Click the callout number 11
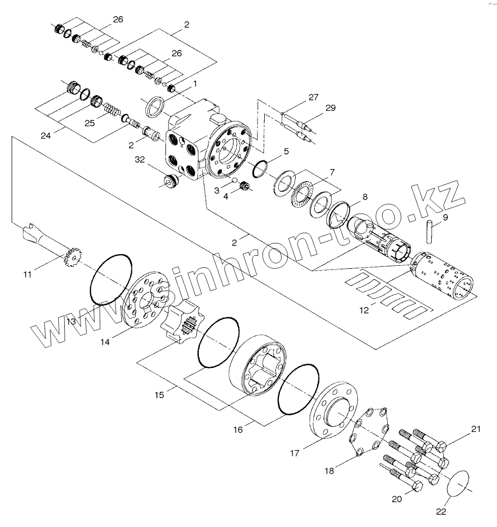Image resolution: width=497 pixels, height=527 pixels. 27,274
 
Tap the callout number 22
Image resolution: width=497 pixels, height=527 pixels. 441,512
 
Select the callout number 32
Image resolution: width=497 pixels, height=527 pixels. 140,159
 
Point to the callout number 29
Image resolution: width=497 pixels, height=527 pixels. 330,108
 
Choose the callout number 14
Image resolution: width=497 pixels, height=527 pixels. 105,342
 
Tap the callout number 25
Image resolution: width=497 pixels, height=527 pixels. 89,123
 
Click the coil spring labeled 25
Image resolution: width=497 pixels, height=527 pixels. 111,110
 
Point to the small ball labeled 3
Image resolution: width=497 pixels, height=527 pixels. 234,180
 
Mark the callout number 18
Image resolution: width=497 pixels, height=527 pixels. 329,471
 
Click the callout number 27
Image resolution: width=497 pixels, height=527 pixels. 313,98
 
